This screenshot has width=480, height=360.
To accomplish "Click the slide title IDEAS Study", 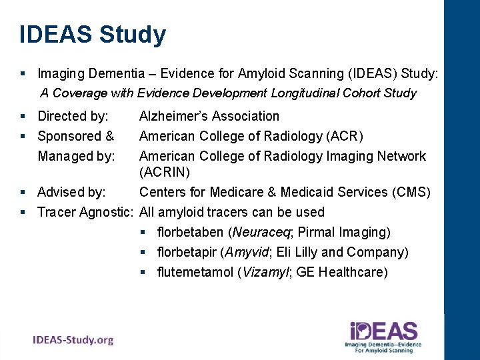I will click(x=93, y=34).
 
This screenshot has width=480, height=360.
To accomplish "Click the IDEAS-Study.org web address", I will click(x=73, y=340).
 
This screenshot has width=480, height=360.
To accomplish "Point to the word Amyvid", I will click(x=249, y=253).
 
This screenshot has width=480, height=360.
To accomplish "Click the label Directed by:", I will click(x=73, y=117).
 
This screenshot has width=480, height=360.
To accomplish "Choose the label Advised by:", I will click(x=71, y=193).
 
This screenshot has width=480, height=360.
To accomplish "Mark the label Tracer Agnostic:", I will click(x=85, y=213).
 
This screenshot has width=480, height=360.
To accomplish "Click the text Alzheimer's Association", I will click(x=209, y=117).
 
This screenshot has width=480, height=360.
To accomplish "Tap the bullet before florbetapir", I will click(x=144, y=253).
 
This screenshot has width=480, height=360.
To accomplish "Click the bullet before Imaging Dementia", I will click(x=23, y=72).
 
